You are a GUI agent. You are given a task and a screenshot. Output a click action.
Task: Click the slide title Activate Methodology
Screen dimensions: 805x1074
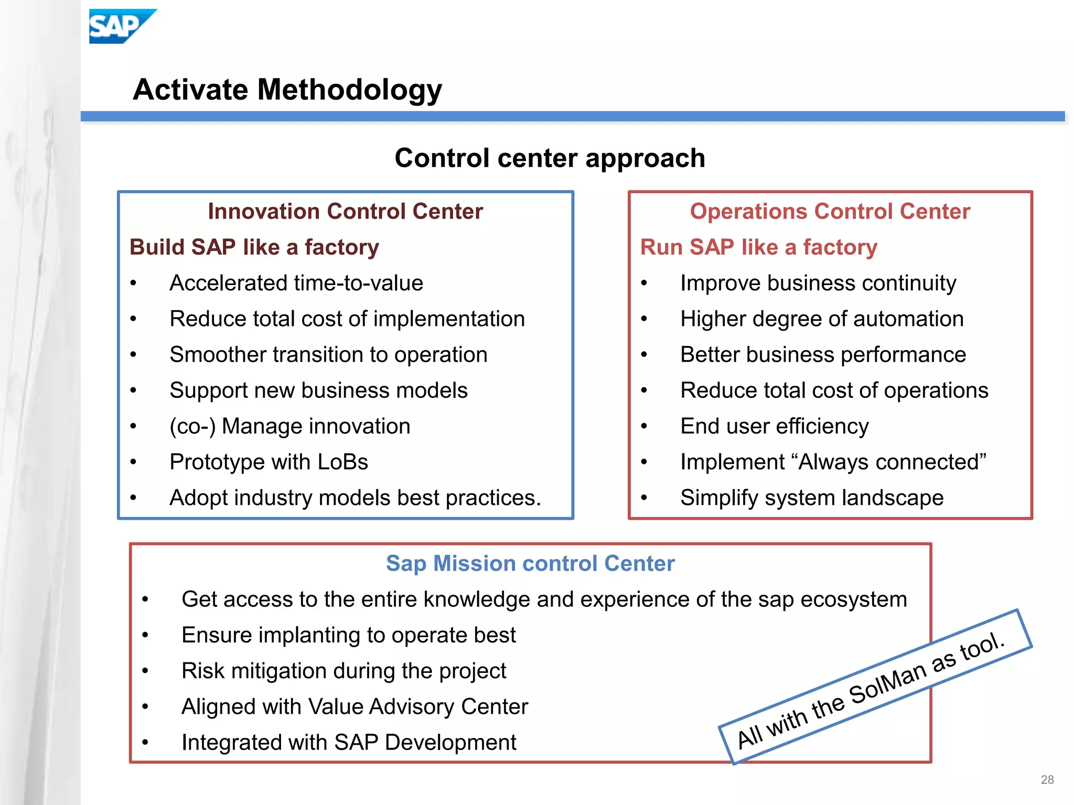[287, 90]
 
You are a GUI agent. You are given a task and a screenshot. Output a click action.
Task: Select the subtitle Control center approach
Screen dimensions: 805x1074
[550, 158]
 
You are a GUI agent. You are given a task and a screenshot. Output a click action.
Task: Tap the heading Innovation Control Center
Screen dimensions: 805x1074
[345, 211]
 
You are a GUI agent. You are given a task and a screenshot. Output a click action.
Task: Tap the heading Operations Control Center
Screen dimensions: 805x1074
[830, 211]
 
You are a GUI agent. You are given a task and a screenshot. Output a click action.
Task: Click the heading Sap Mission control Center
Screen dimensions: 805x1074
[530, 563]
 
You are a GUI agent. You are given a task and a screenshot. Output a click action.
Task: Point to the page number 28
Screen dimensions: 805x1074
[1047, 780]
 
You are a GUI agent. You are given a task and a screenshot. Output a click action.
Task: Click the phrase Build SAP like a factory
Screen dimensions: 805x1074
[254, 247]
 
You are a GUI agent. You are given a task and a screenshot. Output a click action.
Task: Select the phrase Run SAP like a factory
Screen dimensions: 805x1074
[758, 247]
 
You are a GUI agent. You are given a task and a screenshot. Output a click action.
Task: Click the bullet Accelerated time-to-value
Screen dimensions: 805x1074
[296, 283]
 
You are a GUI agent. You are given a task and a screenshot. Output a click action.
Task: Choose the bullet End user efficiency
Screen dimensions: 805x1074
[774, 426]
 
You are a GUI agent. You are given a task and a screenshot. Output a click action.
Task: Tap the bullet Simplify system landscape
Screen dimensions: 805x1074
[811, 498]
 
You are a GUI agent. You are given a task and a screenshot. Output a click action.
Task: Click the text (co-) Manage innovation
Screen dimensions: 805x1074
[289, 426]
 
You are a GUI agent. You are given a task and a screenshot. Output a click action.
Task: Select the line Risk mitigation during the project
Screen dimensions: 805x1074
[343, 671]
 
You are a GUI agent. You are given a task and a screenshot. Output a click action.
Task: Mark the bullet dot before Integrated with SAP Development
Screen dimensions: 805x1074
[145, 743]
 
